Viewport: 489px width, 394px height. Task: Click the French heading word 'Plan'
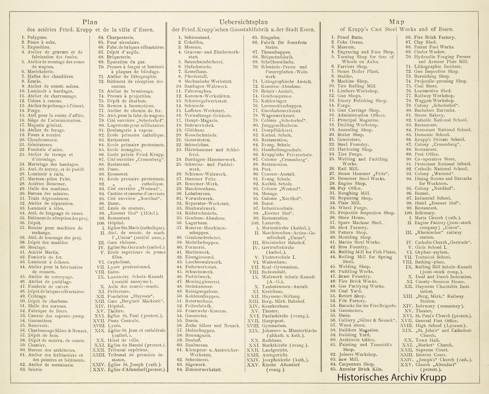click(90, 22)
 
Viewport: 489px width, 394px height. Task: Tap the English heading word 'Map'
click(396, 22)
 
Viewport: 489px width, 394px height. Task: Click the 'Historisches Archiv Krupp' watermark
click(391, 377)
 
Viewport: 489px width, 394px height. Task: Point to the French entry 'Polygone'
click(37, 38)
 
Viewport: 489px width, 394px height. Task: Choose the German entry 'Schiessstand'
click(197, 38)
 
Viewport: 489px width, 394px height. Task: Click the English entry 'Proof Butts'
click(350, 38)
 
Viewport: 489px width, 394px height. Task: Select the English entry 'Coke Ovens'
click(350, 42)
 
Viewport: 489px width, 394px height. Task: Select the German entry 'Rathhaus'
click(272, 340)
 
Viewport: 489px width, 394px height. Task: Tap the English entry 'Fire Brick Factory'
click(435, 38)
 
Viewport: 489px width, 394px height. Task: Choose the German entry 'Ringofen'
click(270, 38)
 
